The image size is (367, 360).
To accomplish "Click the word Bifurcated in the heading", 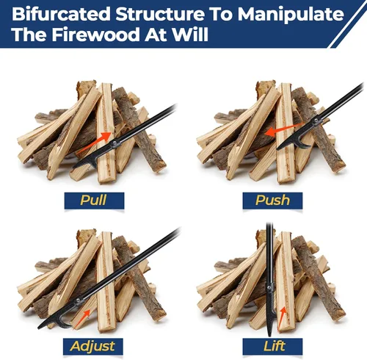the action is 61,14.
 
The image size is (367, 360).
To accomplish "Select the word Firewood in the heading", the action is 95,34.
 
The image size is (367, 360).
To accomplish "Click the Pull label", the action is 94,201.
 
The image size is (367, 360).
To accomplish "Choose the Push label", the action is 272,201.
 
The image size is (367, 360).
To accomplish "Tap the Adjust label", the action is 93,346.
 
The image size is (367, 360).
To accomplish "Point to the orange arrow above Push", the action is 284,129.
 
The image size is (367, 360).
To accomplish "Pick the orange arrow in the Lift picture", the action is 283,318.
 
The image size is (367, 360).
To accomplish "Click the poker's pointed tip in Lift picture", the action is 269,336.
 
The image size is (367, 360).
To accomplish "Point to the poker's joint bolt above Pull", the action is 115,143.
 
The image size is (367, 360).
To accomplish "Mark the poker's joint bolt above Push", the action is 316,121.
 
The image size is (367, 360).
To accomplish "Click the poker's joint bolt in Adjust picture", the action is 79,300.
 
